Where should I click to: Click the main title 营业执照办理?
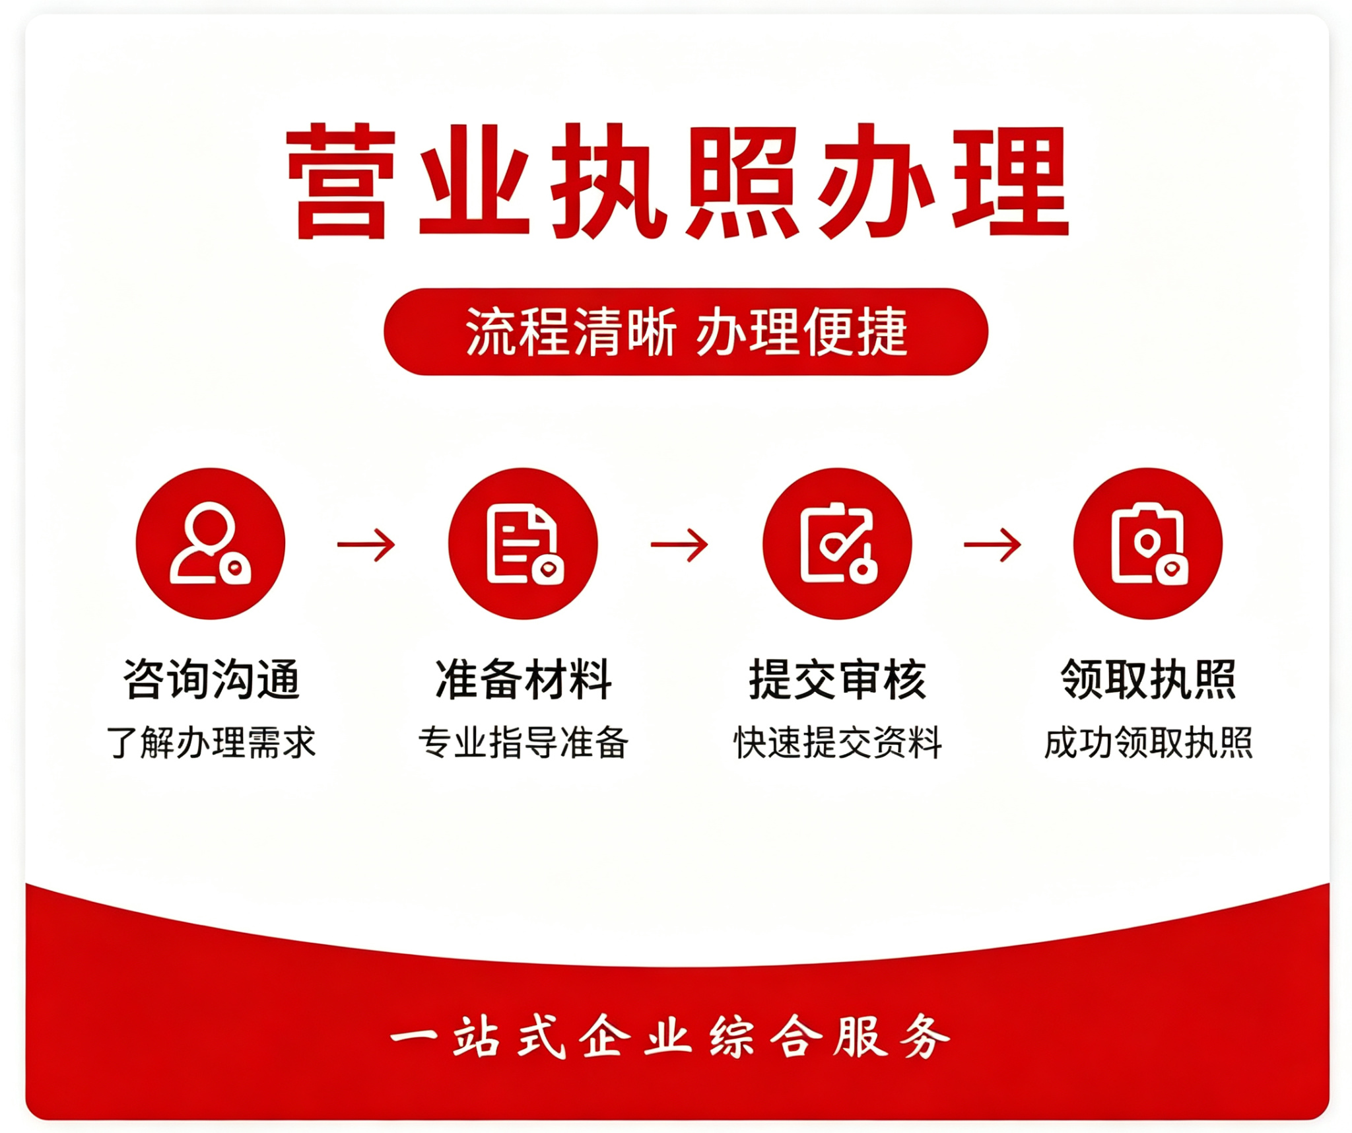pos(678,180)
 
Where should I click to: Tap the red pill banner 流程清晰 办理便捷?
pos(686,331)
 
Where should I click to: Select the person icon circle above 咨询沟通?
pos(211,543)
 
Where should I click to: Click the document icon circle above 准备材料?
pos(523,543)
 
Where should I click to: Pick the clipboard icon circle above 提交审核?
pos(837,543)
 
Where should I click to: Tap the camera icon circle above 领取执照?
pos(1148,543)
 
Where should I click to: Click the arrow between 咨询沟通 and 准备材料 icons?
pos(366,545)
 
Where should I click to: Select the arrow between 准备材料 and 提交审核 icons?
pos(679,545)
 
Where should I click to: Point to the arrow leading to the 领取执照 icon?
pos(993,545)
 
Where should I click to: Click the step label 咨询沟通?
pos(211,679)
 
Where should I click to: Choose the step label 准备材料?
pos(524,679)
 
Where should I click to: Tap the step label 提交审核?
pos(837,679)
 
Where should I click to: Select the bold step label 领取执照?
pos(1149,679)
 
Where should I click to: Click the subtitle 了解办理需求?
pos(211,743)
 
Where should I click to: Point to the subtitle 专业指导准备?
pos(524,743)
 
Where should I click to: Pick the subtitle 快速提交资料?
pos(838,743)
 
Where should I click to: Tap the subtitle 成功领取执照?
pos(1149,743)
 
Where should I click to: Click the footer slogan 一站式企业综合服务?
pos(670,1037)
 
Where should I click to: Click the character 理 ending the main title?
pos(1011,180)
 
